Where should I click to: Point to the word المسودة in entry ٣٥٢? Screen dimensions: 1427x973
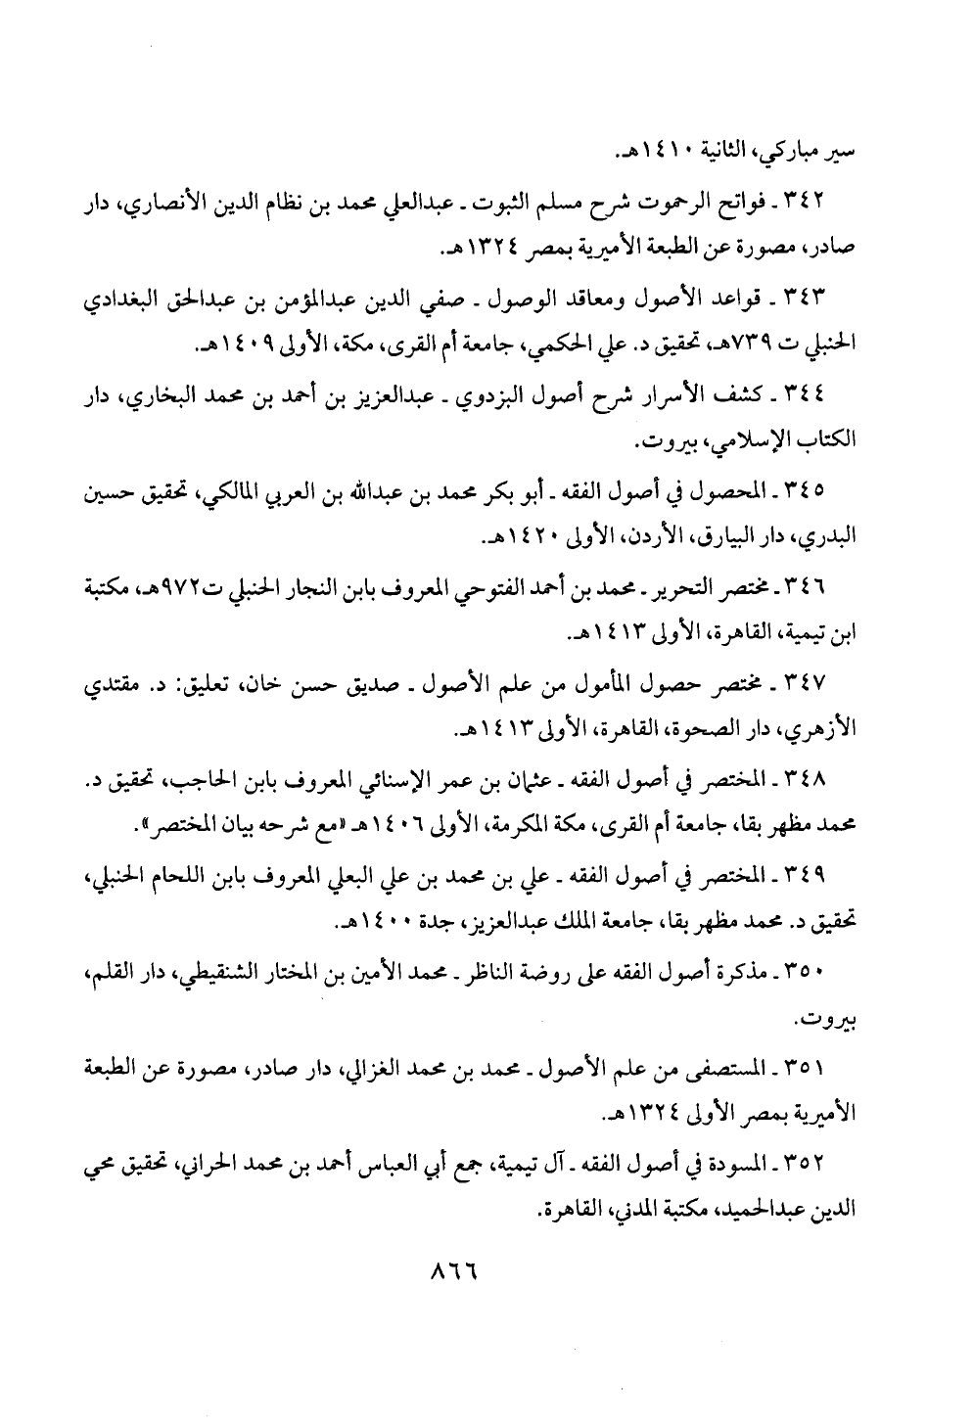[750, 1161]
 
